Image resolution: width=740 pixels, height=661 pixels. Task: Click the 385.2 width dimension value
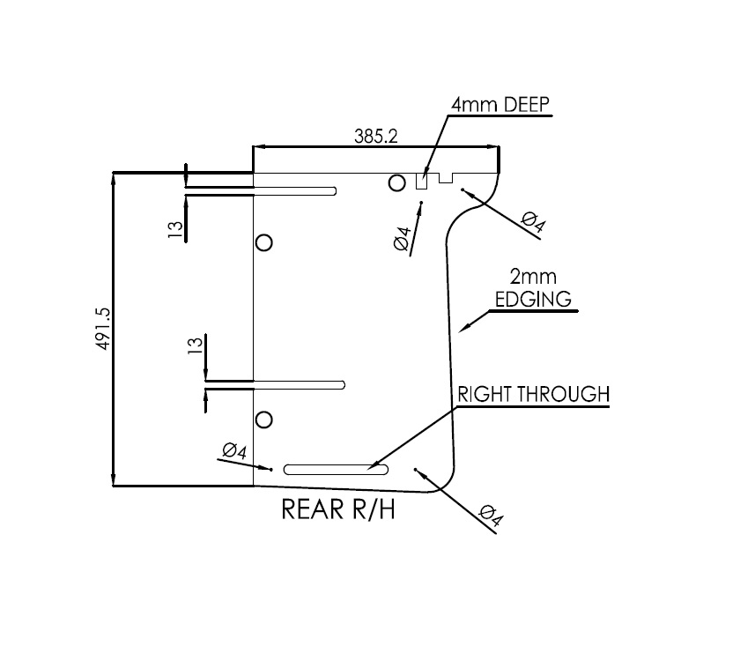(376, 137)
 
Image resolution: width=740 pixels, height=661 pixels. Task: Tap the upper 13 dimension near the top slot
(176, 230)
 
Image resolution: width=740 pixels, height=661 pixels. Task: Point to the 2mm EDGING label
(532, 289)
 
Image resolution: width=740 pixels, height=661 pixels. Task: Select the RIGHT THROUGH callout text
(532, 394)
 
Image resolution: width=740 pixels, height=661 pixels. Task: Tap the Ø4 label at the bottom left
(234, 451)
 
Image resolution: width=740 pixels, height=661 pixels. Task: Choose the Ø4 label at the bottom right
(490, 516)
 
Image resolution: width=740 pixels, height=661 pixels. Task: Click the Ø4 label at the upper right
(533, 222)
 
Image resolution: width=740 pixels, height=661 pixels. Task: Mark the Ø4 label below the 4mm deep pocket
(403, 240)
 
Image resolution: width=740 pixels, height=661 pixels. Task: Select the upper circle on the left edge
(263, 242)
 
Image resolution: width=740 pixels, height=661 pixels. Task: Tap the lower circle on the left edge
(263, 420)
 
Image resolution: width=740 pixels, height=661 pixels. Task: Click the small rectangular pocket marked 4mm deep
(421, 182)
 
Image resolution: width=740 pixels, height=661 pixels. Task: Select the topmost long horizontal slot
(294, 190)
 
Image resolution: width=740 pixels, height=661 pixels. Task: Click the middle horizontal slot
(299, 384)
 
